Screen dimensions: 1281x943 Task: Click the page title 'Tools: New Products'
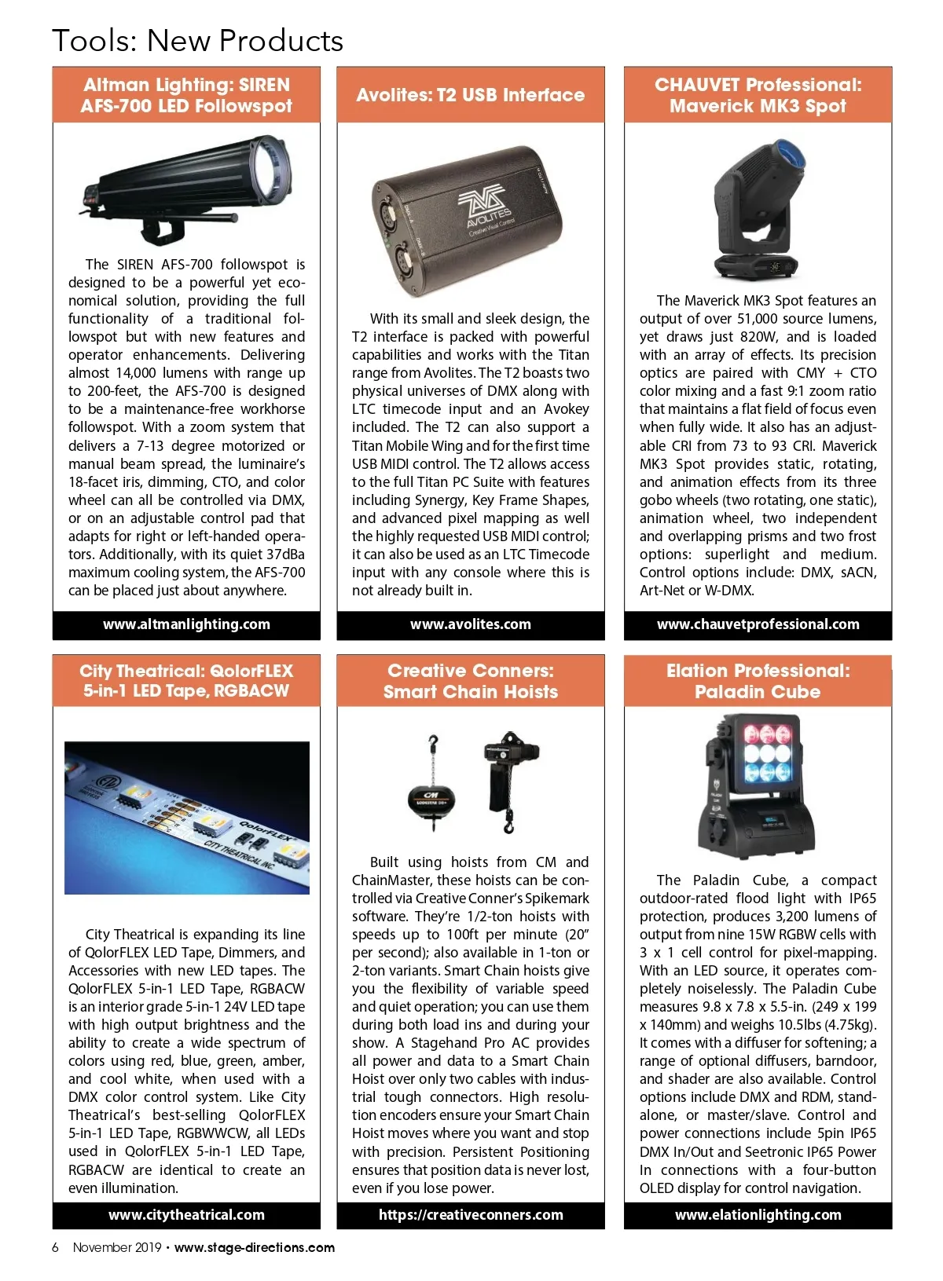pyautogui.click(x=197, y=41)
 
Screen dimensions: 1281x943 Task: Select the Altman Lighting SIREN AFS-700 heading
pyautogui.click(x=186, y=95)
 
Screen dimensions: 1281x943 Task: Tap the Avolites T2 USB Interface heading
pyautogui.click(x=470, y=95)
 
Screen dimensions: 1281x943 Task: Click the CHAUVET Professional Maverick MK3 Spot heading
pyautogui.click(x=758, y=95)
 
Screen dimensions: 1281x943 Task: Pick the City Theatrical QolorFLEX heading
pyautogui.click(x=186, y=681)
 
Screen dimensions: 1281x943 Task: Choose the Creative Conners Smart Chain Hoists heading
pyautogui.click(x=470, y=681)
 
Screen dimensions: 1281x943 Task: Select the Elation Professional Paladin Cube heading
pyautogui.click(x=758, y=681)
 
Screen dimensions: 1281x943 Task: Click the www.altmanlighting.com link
pyautogui.click(x=186, y=624)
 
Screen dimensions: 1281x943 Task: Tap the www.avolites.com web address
pyautogui.click(x=470, y=624)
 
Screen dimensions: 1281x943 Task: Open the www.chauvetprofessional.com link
pyautogui.click(x=758, y=624)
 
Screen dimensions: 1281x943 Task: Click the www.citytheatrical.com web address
pyautogui.click(x=186, y=1214)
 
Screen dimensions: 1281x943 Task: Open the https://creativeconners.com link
pyautogui.click(x=470, y=1214)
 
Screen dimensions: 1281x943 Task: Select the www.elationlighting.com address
pyautogui.click(x=758, y=1214)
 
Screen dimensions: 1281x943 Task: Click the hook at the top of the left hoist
pyautogui.click(x=432, y=742)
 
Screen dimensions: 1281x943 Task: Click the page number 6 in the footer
pyautogui.click(x=55, y=1247)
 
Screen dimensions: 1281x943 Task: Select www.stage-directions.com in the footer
pyautogui.click(x=255, y=1247)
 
